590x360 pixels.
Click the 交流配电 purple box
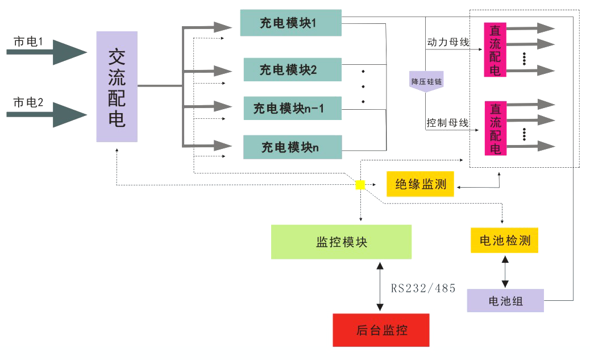point(117,86)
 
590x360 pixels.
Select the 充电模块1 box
point(290,23)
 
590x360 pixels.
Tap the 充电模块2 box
point(292,69)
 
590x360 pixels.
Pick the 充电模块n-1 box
point(292,108)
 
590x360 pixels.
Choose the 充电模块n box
point(292,147)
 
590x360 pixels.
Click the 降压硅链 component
point(426,82)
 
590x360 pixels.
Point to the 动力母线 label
point(447,42)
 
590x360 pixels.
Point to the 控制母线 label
point(447,123)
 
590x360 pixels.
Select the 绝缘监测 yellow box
point(420,184)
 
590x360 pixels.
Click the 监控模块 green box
point(341,242)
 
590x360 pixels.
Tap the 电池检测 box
point(504,241)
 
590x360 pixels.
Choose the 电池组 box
point(505,301)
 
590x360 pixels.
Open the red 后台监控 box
point(381,330)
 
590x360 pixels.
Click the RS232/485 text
point(423,288)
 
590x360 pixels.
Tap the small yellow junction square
point(360,185)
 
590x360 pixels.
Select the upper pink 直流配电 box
point(495,50)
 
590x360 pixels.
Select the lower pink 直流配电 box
point(495,129)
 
